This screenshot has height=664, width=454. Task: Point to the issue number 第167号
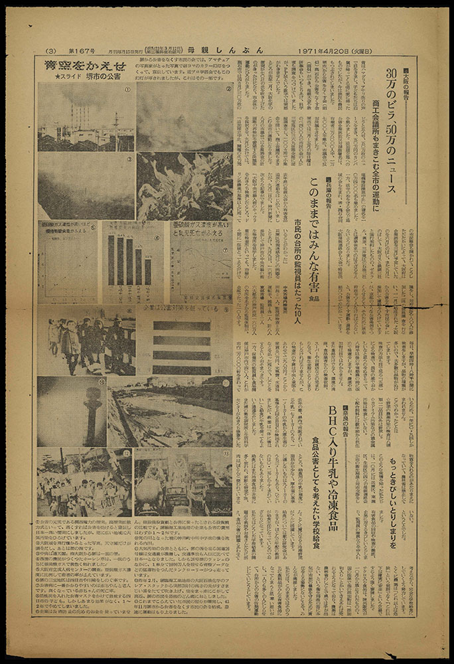[x=82, y=50]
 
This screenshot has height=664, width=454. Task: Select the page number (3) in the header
[x=50, y=50]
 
